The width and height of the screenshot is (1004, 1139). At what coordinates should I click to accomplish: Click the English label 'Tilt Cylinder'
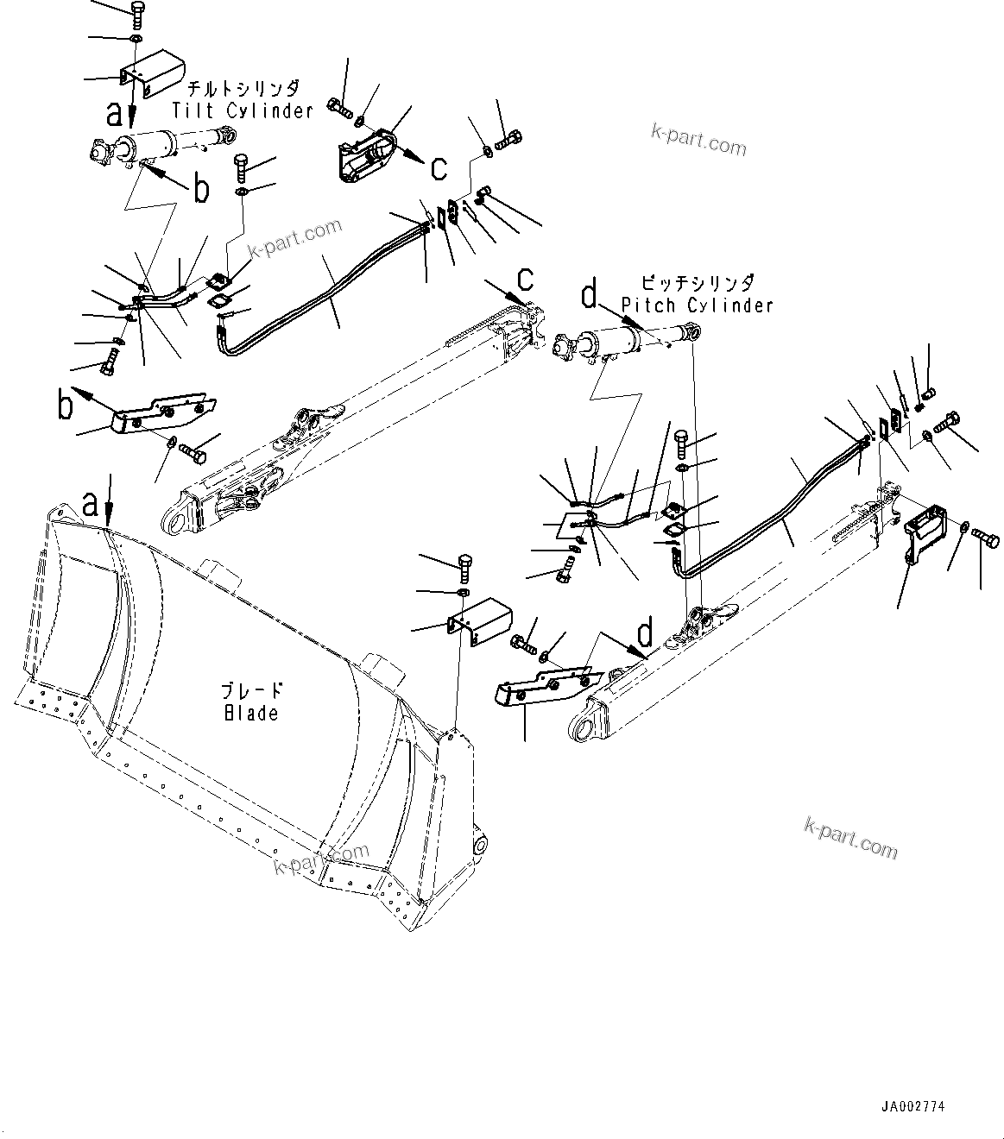coord(242,110)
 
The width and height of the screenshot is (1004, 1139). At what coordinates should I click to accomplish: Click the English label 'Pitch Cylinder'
coord(698,305)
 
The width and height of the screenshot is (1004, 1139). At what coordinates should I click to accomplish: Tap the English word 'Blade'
coord(251,713)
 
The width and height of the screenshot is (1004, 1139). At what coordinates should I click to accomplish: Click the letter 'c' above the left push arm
coord(525,279)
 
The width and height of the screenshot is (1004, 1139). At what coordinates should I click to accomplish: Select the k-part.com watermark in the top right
coord(698,139)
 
